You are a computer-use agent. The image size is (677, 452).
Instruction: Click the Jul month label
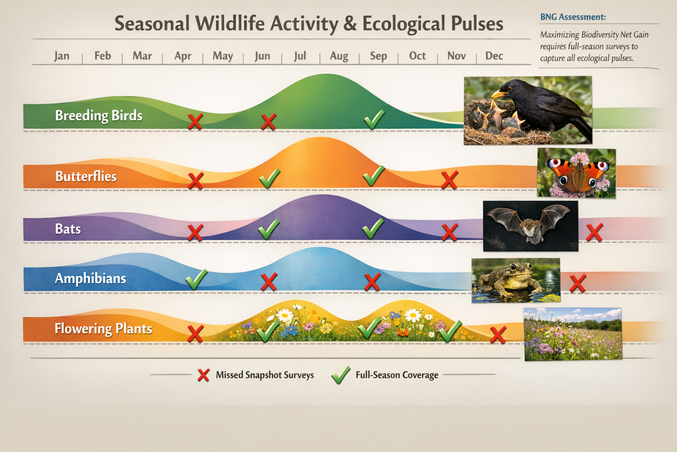pyautogui.click(x=300, y=56)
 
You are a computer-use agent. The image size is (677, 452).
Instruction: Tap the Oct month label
pyautogui.click(x=417, y=56)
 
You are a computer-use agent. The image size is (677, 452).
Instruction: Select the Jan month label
pyautogui.click(x=62, y=56)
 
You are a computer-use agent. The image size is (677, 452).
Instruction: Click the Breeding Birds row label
pyautogui.click(x=99, y=116)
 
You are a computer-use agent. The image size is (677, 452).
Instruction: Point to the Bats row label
pyautogui.click(x=68, y=229)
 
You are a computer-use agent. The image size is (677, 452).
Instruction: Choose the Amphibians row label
pyautogui.click(x=90, y=279)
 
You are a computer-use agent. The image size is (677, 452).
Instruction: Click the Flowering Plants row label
pyautogui.click(x=103, y=329)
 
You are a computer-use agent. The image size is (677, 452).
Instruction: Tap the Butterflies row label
pyautogui.click(x=86, y=177)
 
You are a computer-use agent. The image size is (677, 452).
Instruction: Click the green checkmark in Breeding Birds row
pyautogui.click(x=374, y=119)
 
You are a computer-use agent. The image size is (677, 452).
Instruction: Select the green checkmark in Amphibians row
pyautogui.click(x=196, y=279)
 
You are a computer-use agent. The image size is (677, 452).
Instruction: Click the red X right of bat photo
pyautogui.click(x=594, y=233)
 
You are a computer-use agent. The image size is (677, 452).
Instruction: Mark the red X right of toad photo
pyautogui.click(x=577, y=283)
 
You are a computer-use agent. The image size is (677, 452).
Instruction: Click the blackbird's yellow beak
pyautogui.click(x=499, y=94)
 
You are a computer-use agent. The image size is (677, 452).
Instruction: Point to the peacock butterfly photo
pyautogui.click(x=576, y=173)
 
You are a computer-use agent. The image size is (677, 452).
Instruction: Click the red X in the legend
pyautogui.click(x=203, y=375)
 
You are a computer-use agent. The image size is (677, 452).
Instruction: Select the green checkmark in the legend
pyautogui.click(x=341, y=375)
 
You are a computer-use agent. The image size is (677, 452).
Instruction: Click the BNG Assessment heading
pyautogui.click(x=573, y=17)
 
